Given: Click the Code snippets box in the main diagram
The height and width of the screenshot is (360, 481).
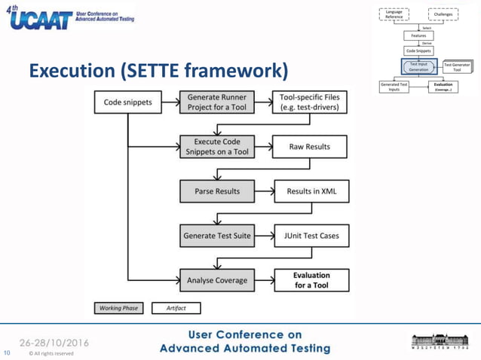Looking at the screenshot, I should (x=127, y=102).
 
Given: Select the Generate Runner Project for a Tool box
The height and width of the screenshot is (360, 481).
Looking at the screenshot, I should (x=217, y=102).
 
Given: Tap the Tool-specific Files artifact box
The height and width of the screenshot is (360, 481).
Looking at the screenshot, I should (x=309, y=102).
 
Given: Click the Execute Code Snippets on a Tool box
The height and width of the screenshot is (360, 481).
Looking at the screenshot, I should (x=217, y=146).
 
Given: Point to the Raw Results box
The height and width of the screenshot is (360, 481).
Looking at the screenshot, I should (x=309, y=146).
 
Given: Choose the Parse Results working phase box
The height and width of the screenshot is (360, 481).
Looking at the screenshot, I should (x=217, y=191).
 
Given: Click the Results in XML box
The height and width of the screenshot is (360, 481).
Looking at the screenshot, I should (x=309, y=191).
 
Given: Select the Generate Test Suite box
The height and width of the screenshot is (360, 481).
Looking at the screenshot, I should (x=217, y=236).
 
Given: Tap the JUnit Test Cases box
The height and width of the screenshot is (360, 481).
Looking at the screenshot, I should (x=309, y=236).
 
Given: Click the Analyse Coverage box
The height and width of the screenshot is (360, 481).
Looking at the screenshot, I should (x=217, y=280).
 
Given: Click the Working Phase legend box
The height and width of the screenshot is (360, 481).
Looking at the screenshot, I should (x=117, y=308).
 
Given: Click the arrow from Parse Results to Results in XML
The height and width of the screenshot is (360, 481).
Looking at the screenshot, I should (x=264, y=191).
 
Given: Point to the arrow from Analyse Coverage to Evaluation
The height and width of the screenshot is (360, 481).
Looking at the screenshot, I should (x=264, y=280).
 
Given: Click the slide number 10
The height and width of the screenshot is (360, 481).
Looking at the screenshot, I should (x=8, y=351).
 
